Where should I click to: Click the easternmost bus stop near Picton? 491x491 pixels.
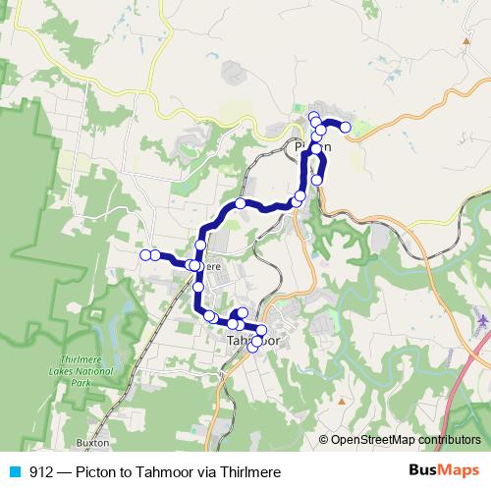pyautogui.click(x=346, y=128)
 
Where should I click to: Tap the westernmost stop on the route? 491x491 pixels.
pyautogui.click(x=145, y=255)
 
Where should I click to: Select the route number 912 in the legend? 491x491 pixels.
pyautogui.click(x=41, y=471)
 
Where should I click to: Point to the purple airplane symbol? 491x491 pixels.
pyautogui.click(x=480, y=320)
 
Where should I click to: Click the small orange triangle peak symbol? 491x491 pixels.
pyautogui.click(x=341, y=401)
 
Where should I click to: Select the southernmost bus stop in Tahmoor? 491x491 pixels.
pyautogui.click(x=253, y=348)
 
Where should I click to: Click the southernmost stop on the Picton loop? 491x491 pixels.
pyautogui.click(x=317, y=180)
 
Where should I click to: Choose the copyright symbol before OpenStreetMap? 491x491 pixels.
pyautogui.click(x=324, y=440)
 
